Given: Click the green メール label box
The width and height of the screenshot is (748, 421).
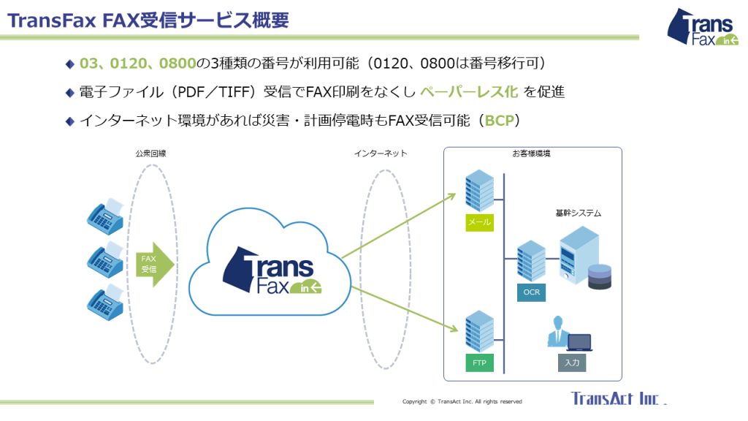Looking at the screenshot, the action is (479, 222).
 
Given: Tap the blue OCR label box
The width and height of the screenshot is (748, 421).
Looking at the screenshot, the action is (532, 292).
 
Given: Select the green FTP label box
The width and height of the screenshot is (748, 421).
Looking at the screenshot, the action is (479, 363).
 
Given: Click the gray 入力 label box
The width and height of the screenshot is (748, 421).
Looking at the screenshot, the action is (572, 363).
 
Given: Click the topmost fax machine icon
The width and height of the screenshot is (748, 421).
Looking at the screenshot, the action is (105, 216).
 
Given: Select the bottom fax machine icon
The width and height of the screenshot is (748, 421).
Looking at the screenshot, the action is (105, 302).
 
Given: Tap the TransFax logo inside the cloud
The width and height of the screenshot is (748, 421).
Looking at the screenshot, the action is (272, 270).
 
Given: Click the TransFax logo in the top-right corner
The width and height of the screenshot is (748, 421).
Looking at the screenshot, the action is (702, 27).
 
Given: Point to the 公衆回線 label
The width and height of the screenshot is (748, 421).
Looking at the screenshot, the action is (150, 153).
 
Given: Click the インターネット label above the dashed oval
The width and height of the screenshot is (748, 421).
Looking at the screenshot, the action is (381, 153).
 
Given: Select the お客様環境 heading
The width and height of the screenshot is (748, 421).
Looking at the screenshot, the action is (532, 153).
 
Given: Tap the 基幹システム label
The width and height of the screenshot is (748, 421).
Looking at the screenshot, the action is (579, 213).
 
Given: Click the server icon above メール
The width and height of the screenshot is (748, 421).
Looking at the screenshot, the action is (479, 191).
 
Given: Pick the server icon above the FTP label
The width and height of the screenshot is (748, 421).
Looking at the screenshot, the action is (479, 331).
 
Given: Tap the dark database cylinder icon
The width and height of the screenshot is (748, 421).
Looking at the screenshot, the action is (600, 277).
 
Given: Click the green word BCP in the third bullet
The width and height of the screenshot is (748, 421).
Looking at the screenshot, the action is (499, 121).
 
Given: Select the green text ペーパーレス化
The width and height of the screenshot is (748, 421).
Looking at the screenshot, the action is (469, 91).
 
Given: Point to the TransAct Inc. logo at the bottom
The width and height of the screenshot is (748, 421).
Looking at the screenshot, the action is (619, 398).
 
